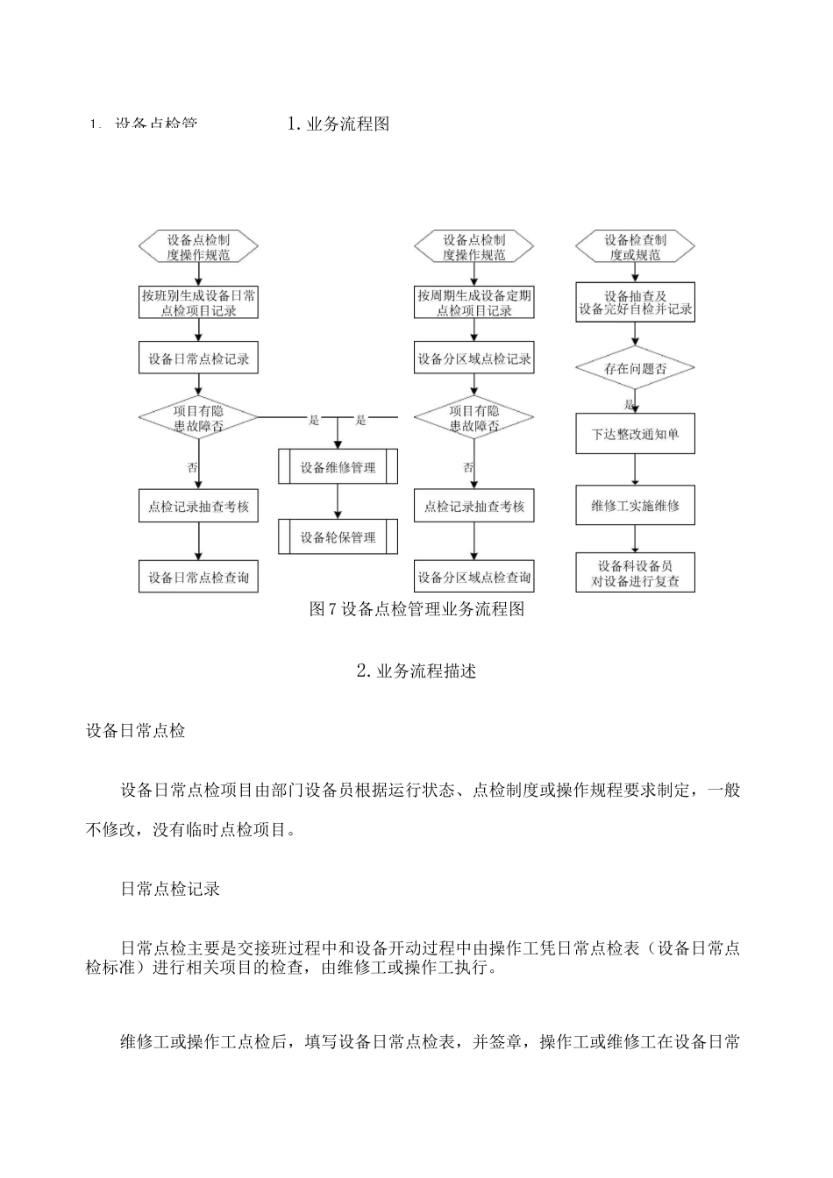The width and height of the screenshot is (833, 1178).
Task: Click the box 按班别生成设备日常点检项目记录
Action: pos(199,303)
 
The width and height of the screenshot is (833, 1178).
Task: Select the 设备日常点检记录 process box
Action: pos(199,358)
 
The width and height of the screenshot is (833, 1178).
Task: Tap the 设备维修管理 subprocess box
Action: pos(338,467)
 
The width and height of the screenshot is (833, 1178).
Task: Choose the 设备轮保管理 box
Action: pos(338,537)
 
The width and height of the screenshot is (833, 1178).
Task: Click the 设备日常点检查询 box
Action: pos(199,578)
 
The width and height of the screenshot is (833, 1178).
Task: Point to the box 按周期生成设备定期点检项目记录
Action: pos(474,303)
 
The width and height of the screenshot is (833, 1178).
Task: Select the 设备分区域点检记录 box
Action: pos(474,358)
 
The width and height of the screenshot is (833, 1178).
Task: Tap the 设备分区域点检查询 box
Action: pos(474,578)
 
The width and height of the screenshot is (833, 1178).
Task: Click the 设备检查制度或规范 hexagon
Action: pos(635,247)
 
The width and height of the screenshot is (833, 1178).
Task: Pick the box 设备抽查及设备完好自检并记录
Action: pos(635,302)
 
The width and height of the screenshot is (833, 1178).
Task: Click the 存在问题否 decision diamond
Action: pos(635,369)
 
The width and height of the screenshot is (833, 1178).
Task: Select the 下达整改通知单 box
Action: pos(635,435)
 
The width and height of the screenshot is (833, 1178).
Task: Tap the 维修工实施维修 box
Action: pos(635,506)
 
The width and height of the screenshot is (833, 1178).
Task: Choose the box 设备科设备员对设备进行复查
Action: pos(635,573)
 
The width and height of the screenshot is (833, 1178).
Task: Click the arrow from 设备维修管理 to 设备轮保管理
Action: pos(338,501)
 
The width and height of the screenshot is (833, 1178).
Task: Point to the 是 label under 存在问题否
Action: pos(628,405)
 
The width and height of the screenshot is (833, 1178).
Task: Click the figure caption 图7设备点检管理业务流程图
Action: pos(416,610)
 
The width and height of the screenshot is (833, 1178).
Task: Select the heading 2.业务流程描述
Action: pos(416,671)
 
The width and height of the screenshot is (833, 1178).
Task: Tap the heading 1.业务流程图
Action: pos(338,124)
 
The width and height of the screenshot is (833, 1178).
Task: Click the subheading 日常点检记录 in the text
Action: pos(170,890)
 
